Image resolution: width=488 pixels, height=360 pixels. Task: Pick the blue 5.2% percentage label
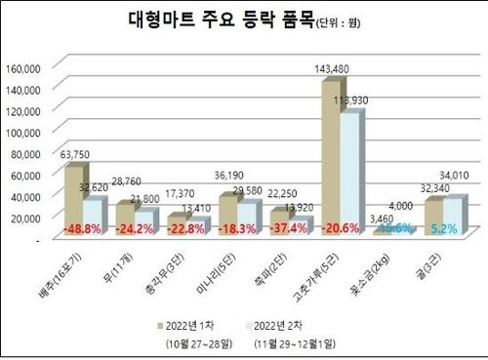coord(445,229)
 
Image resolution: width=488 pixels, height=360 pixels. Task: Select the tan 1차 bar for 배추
coord(73,200)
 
